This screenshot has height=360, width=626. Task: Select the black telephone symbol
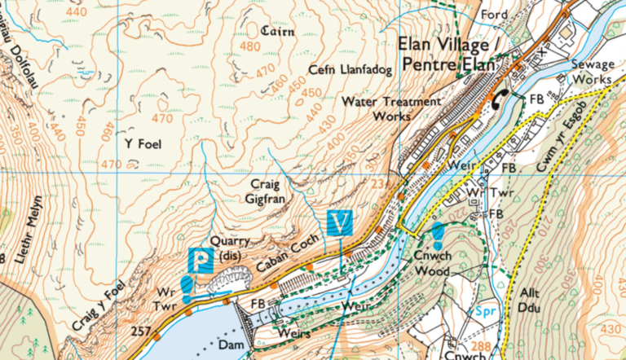pyautogui.click(x=499, y=97)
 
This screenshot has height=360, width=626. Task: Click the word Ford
pyautogui.click(x=495, y=15)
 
